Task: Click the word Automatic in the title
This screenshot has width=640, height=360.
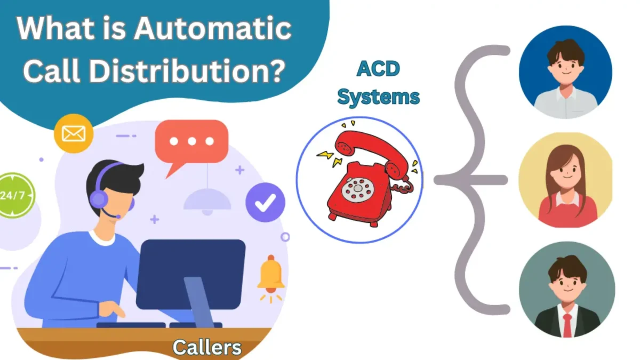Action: pyautogui.click(x=213, y=28)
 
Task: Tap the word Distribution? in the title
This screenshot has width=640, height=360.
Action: pyautogui.click(x=187, y=70)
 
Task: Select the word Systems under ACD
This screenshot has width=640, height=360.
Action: pyautogui.click(x=378, y=97)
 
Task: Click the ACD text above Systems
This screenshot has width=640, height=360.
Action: pyautogui.click(x=378, y=69)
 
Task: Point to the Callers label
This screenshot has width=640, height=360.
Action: pyautogui.click(x=207, y=347)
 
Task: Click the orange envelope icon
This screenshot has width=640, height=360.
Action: pyautogui.click(x=74, y=133)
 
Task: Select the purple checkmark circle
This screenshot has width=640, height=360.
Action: pyautogui.click(x=266, y=202)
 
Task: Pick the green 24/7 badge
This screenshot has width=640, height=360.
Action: pyautogui.click(x=15, y=195)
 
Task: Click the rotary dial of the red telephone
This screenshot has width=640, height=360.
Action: pyautogui.click(x=358, y=190)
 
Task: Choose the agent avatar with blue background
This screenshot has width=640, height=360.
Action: pyautogui.click(x=565, y=72)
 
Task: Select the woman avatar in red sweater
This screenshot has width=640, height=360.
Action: pyautogui.click(x=565, y=180)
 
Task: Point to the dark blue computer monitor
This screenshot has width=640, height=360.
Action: pyautogui.click(x=191, y=274)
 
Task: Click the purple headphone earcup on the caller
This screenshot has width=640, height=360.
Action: pyautogui.click(x=99, y=199)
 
